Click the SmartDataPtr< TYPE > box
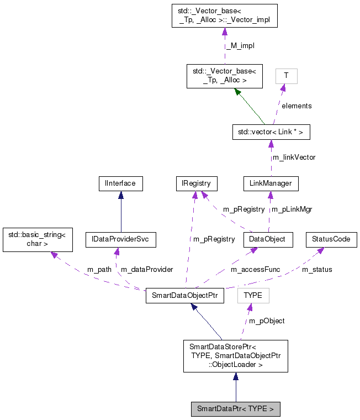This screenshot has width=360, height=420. (235, 410)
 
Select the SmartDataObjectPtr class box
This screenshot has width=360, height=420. (184, 296)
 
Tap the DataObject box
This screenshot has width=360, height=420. (268, 239)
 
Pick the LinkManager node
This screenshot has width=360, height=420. (271, 183)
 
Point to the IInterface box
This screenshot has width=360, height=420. (120, 183)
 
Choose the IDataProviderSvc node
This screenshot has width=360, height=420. (120, 239)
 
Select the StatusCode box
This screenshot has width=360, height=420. (331, 239)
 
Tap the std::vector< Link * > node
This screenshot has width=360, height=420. (271, 133)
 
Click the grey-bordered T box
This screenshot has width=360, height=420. (286, 76)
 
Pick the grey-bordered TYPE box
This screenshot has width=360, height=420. (253, 296)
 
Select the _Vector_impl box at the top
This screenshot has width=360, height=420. (224, 15)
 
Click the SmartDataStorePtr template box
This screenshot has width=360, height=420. (235, 356)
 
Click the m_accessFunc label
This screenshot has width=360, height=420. (255, 270)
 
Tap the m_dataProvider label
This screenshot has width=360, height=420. (147, 270)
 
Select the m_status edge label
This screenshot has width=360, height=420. (317, 270)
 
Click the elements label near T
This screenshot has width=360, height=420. (297, 106)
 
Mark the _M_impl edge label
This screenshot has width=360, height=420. (240, 46)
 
